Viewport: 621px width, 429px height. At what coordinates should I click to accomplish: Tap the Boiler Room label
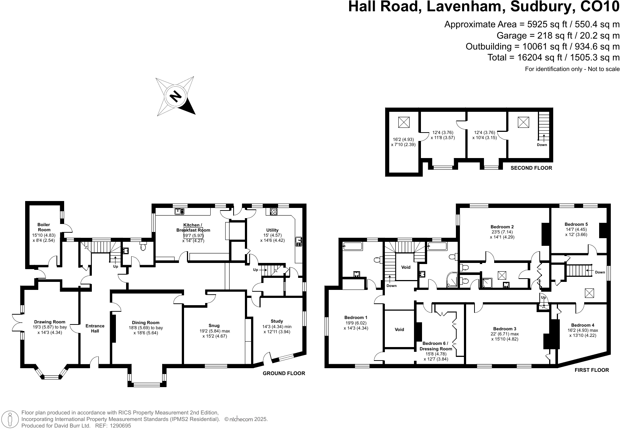(x=44, y=227)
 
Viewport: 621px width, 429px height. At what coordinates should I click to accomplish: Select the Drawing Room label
(x=50, y=322)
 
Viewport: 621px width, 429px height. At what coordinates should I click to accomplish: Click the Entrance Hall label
(x=95, y=328)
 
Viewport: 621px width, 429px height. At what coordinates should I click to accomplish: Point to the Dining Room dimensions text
(x=146, y=330)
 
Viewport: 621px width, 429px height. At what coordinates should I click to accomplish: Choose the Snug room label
(x=214, y=326)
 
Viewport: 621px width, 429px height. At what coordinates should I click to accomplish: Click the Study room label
(x=277, y=321)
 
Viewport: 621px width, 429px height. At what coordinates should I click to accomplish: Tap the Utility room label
(x=272, y=230)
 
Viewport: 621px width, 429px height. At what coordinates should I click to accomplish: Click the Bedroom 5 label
(x=576, y=224)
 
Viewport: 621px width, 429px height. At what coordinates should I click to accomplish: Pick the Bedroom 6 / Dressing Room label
(x=436, y=346)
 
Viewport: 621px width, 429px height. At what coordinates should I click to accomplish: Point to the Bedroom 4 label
(x=582, y=325)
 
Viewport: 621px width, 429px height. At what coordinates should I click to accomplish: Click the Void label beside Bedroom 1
(x=399, y=330)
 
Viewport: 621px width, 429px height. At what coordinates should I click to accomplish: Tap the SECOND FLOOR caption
(x=531, y=168)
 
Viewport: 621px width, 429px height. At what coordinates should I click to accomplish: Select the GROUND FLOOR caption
(x=284, y=373)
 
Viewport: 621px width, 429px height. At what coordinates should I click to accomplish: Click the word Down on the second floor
(x=542, y=145)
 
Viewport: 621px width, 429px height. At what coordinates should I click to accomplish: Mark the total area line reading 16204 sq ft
(x=553, y=57)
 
